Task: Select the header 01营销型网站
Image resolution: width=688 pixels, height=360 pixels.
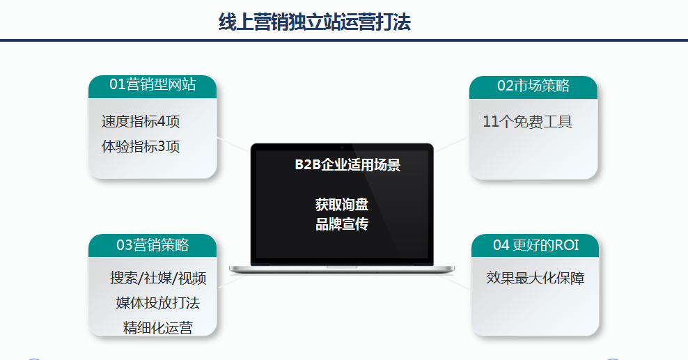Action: (x=153, y=85)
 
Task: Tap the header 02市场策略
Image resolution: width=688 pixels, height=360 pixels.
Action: (x=533, y=86)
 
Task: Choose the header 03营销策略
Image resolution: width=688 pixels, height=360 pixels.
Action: (x=153, y=245)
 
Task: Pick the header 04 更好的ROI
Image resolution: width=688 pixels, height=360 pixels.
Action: (x=535, y=245)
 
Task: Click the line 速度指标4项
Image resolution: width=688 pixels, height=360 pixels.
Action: (x=141, y=122)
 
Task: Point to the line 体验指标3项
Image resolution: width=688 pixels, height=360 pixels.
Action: (x=141, y=147)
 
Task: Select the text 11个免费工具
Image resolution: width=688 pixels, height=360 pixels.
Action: (x=527, y=122)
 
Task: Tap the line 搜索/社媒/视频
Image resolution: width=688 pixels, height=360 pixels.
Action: (x=158, y=279)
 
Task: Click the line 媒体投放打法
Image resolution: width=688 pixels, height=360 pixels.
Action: (x=158, y=303)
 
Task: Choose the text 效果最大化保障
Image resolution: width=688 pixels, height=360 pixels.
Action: (x=535, y=279)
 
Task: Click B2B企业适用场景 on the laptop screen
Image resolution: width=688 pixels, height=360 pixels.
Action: (x=347, y=165)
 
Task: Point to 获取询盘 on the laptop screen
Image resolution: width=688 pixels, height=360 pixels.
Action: (x=341, y=205)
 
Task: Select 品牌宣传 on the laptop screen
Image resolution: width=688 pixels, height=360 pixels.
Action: (x=341, y=224)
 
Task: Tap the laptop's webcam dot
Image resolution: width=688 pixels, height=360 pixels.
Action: (x=342, y=147)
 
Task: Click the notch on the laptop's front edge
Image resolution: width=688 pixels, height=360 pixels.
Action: (x=342, y=266)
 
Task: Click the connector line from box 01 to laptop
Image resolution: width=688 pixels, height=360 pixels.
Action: (x=233, y=144)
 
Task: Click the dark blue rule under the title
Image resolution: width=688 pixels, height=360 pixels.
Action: (x=344, y=40)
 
